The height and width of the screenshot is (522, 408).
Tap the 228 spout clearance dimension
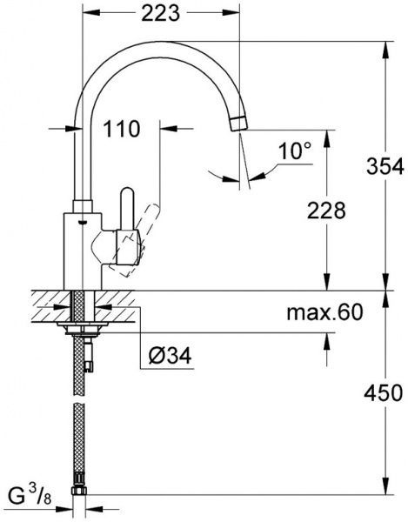click(326, 210)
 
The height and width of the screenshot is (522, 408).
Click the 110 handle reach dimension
click(122, 130)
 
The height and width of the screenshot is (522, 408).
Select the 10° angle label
click(294, 151)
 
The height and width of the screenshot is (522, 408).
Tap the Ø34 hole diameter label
click(172, 355)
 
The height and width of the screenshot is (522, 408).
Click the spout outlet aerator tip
click(239, 121)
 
